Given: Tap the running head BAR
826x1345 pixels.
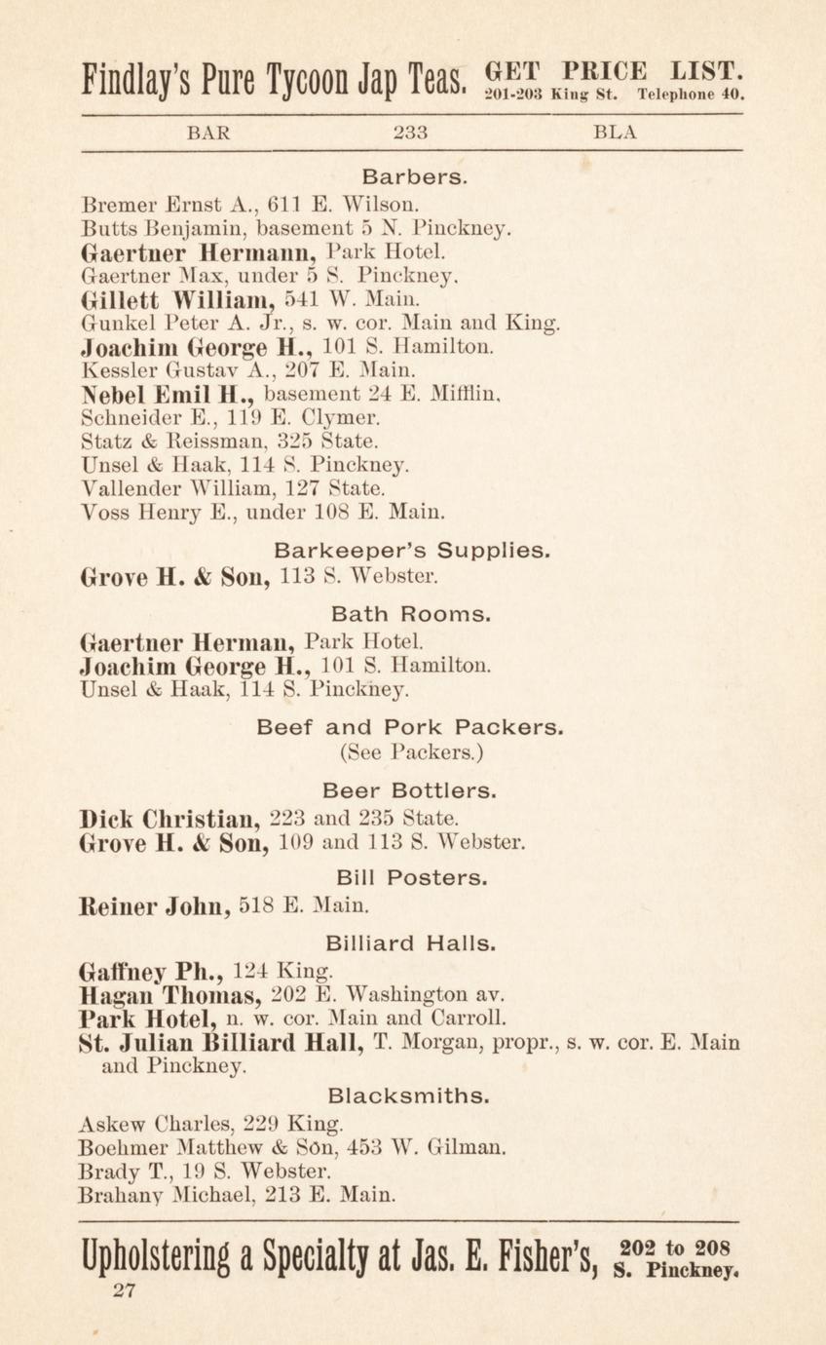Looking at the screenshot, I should (208, 134).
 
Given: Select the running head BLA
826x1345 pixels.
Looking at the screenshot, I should (615, 134).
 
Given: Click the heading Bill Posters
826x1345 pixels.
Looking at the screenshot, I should (412, 878).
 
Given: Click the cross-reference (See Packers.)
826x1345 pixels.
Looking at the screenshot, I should (412, 751).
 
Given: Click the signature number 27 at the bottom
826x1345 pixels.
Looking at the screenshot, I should (124, 1292).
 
